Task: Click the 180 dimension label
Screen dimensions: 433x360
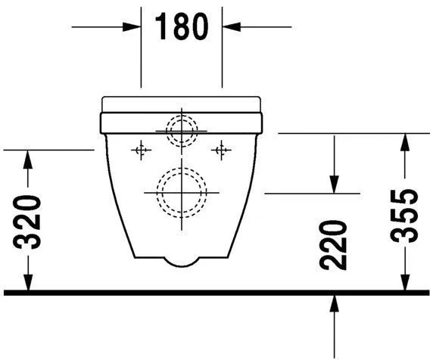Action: [x=182, y=26]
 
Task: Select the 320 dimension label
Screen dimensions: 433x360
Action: [x=27, y=222]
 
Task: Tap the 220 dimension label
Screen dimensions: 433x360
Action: [x=333, y=245]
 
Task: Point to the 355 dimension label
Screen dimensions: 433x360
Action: [x=404, y=216]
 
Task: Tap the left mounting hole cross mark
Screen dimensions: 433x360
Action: [x=141, y=150]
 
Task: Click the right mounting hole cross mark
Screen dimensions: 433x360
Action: [x=221, y=150]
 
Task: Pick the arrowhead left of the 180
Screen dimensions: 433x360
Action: [x=132, y=27]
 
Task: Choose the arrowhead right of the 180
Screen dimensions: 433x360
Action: [x=232, y=27]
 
